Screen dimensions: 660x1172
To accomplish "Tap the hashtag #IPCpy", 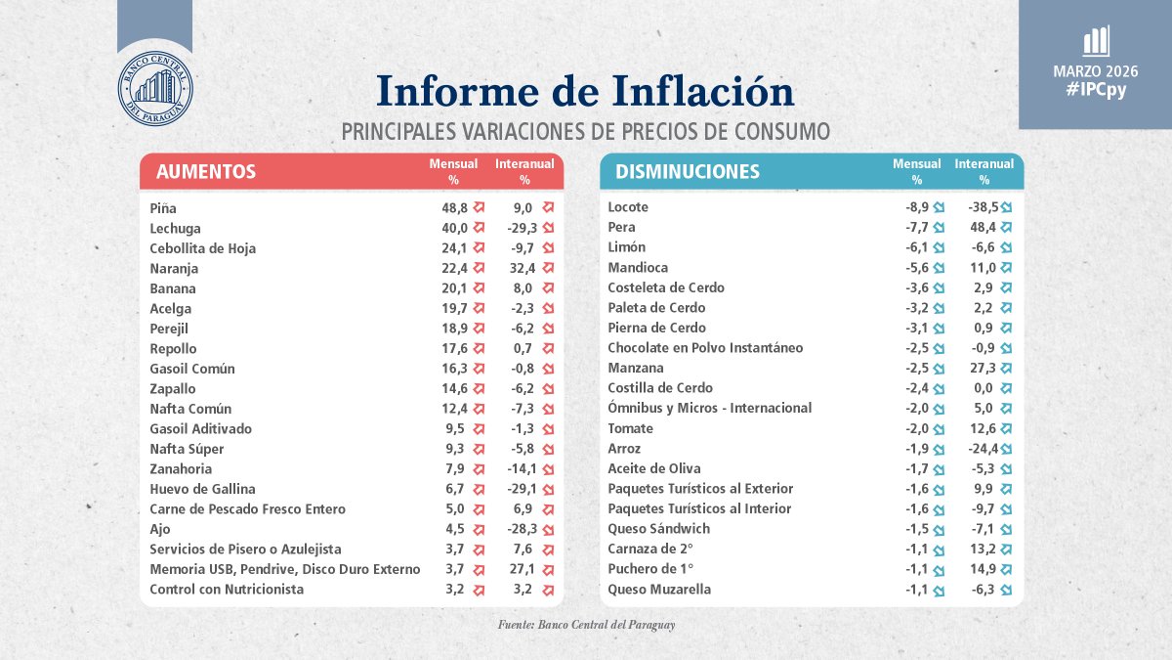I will [1095, 89].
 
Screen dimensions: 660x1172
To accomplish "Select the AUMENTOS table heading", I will [205, 172].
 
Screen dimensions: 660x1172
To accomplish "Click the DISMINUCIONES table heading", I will [687, 172].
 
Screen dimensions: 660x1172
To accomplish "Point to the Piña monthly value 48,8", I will [455, 208].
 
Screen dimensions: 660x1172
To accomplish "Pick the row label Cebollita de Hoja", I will [203, 248].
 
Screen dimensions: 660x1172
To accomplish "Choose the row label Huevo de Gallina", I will [202, 489].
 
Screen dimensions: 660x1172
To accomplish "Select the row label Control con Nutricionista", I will [227, 590].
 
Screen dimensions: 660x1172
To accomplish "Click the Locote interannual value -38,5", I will [976, 207].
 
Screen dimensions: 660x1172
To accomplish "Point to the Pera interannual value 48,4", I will [980, 227].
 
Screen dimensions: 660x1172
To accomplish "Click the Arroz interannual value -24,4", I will [976, 449].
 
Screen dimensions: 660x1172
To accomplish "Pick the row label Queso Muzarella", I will [659, 590].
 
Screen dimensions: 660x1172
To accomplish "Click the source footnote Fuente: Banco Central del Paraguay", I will [586, 624].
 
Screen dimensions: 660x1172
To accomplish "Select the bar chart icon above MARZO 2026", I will [1095, 41].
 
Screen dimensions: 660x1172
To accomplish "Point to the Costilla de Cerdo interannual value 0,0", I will [984, 388].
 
